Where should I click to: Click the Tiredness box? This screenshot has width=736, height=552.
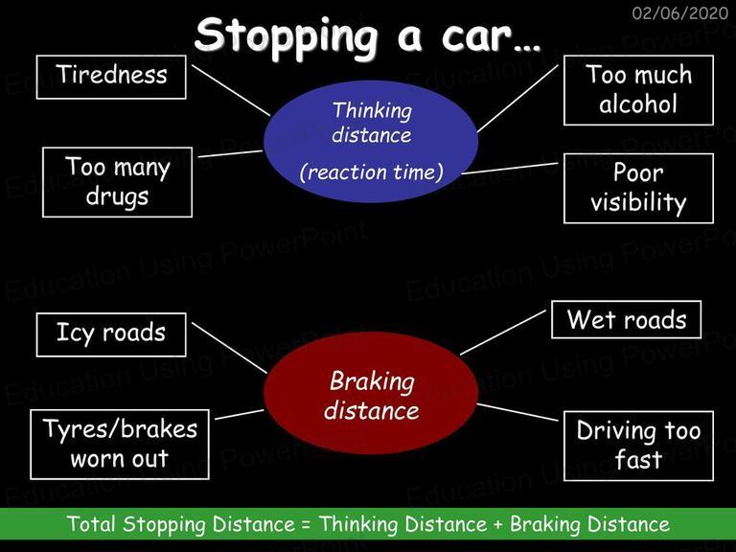tap(111, 77)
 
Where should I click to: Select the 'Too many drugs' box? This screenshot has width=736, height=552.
tap(117, 182)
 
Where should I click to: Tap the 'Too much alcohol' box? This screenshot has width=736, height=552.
tap(638, 90)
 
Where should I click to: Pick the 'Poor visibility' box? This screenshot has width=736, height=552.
tap(638, 188)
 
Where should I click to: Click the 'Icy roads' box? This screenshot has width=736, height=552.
tap(111, 334)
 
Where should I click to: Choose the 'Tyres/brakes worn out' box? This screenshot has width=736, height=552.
tap(120, 445)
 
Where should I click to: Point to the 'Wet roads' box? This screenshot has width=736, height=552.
tap(626, 320)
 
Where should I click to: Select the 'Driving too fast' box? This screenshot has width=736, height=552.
tap(638, 446)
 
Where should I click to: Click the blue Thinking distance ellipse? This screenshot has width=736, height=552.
tap(371, 141)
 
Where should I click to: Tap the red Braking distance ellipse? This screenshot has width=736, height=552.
tap(371, 393)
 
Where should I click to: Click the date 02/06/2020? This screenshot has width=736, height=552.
tap(680, 12)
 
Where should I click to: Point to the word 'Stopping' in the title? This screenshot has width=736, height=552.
tap(286, 37)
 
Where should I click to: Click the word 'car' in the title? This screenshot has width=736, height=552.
tap(476, 37)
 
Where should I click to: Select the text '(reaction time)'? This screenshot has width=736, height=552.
tap(371, 172)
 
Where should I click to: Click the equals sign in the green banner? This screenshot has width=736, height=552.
tap(307, 524)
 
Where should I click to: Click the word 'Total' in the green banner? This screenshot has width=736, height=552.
tap(91, 523)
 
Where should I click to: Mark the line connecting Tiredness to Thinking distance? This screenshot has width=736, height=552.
tap(231, 90)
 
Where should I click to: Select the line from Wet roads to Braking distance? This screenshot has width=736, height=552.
tap(503, 333)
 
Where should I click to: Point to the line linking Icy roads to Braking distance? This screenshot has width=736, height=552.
tap(230, 348)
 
